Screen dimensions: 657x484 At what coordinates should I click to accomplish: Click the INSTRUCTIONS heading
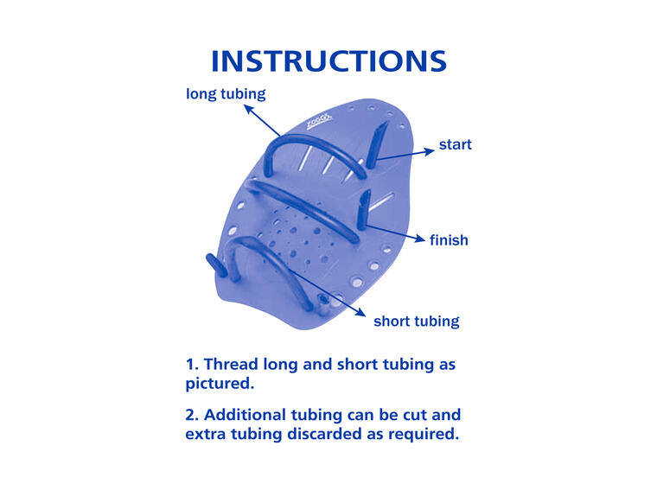click(328, 61)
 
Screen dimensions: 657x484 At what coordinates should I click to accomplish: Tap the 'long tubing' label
click(226, 94)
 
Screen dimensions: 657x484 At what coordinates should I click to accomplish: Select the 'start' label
click(455, 144)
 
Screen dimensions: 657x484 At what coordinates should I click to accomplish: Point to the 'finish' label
click(449, 240)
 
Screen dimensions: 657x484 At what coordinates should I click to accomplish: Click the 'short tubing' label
click(417, 322)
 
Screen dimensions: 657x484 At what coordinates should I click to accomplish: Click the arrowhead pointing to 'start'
click(430, 151)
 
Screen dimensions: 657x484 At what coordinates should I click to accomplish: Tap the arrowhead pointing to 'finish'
click(420, 239)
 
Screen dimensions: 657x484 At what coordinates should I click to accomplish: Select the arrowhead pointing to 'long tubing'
click(249, 110)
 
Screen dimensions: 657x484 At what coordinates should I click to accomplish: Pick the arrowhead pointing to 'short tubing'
click(360, 312)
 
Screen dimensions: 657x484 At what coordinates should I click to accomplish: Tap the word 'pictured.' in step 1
click(220, 384)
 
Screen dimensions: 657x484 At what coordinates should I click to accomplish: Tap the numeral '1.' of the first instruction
click(192, 365)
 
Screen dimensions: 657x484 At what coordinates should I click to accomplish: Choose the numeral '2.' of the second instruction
click(192, 415)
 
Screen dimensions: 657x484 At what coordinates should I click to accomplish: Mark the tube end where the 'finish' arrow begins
click(361, 224)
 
